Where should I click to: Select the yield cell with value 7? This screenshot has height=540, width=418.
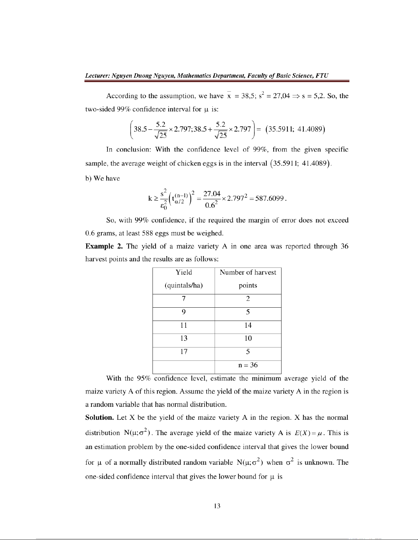tap(184, 299)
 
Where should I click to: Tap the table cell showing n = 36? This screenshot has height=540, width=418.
tap(248, 365)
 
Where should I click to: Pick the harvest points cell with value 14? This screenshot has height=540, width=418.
tap(248, 325)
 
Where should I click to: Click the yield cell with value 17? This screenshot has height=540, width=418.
tap(184, 352)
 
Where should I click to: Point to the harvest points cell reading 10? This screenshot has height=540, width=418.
tap(248, 338)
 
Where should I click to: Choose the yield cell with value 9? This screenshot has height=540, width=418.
tap(184, 312)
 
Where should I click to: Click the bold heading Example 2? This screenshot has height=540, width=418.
tap(103, 246)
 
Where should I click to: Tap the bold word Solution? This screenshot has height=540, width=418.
tap(99, 418)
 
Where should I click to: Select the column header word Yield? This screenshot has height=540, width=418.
tap(184, 272)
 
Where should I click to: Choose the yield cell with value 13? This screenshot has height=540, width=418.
tap(184, 338)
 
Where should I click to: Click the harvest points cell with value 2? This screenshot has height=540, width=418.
tap(248, 299)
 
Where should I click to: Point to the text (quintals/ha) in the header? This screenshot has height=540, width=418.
tap(184, 286)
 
